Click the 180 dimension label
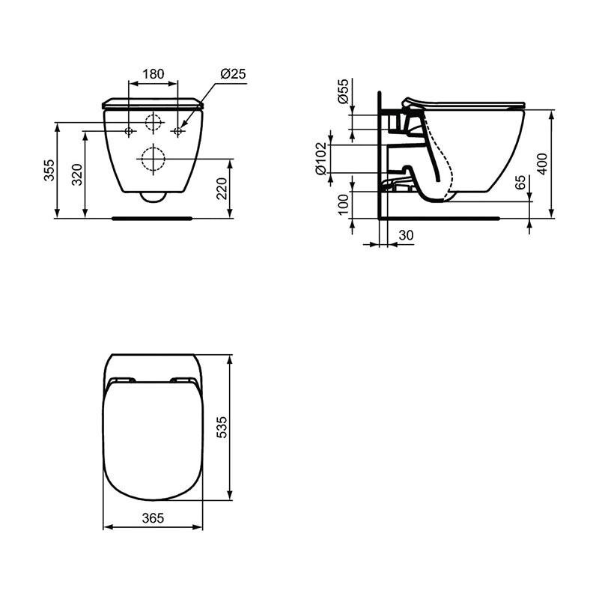[153, 73]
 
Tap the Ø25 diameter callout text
[233, 73]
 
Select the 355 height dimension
[49, 170]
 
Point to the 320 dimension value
[77, 174]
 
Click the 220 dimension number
[222, 189]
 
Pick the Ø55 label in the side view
[343, 91]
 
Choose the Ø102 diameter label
[321, 159]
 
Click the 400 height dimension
[542, 164]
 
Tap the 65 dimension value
[520, 183]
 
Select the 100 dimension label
[344, 204]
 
